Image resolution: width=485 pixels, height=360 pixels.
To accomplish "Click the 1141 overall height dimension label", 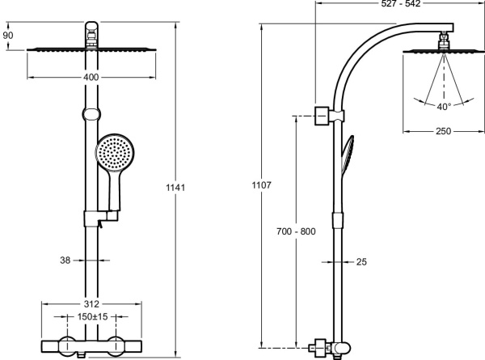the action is click(175, 188).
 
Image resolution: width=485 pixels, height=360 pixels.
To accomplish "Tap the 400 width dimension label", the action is click(91, 77).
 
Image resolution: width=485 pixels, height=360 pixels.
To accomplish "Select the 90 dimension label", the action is click(8, 36).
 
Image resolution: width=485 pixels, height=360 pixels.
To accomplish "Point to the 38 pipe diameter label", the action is click(65, 260).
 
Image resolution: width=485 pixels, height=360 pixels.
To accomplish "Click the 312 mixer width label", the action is click(91, 304).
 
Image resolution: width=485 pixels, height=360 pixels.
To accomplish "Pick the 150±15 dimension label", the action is click(92, 316).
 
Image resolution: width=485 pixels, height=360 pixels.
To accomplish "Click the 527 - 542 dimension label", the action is click(401, 3).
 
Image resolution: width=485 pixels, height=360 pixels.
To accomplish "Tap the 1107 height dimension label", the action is click(261, 185).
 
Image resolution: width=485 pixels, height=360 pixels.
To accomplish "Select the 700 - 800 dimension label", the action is click(296, 231).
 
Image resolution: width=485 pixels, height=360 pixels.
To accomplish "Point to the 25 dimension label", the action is click(361, 262).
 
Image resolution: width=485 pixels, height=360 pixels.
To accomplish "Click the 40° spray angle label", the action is click(444, 107).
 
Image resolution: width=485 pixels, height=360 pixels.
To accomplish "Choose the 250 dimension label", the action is click(443, 131).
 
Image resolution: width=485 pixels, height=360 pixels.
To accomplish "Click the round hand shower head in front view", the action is click(115, 153).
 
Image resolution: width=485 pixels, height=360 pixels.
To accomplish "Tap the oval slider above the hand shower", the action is click(91, 114).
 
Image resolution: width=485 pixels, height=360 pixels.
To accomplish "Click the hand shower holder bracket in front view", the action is click(101, 218).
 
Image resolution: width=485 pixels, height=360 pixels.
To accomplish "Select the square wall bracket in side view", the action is click(322, 116).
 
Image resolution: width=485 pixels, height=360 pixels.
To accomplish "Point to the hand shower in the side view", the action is click(348, 154).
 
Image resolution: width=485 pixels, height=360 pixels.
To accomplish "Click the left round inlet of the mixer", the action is click(67, 345).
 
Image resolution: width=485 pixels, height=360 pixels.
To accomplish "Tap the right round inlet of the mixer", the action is click(116, 345).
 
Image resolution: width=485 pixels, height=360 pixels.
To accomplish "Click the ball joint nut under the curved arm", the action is click(444, 40).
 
